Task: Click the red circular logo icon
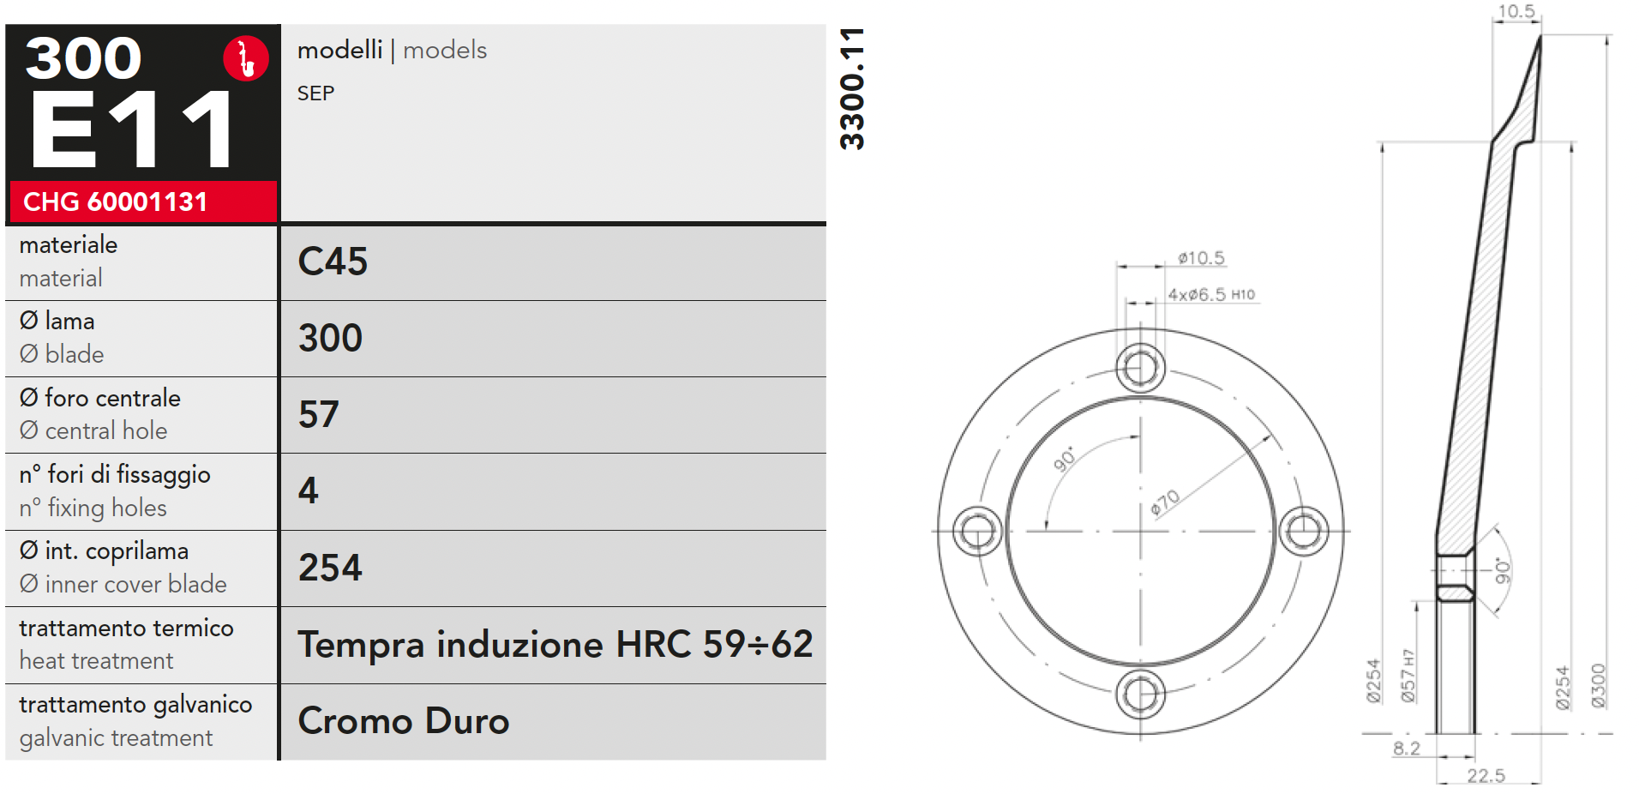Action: tap(246, 58)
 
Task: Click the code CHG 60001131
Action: tap(116, 202)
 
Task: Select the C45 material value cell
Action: tap(553, 262)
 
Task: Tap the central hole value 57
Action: tap(319, 414)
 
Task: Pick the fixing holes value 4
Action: tap(309, 490)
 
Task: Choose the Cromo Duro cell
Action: tap(553, 722)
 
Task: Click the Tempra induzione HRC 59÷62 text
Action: tap(555, 644)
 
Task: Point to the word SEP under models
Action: tap(315, 93)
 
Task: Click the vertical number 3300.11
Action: tap(852, 89)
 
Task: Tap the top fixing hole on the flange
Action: tap(1141, 368)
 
